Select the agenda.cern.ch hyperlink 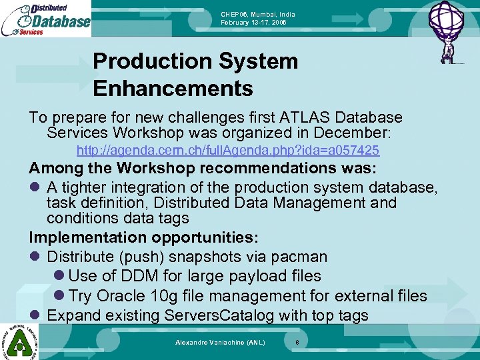228,151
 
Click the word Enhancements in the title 173,88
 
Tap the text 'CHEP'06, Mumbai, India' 258,15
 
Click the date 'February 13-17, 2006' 254,23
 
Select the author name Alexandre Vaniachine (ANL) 220,342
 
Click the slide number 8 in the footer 297,342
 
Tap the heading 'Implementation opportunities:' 144,237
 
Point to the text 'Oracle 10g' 139,295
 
